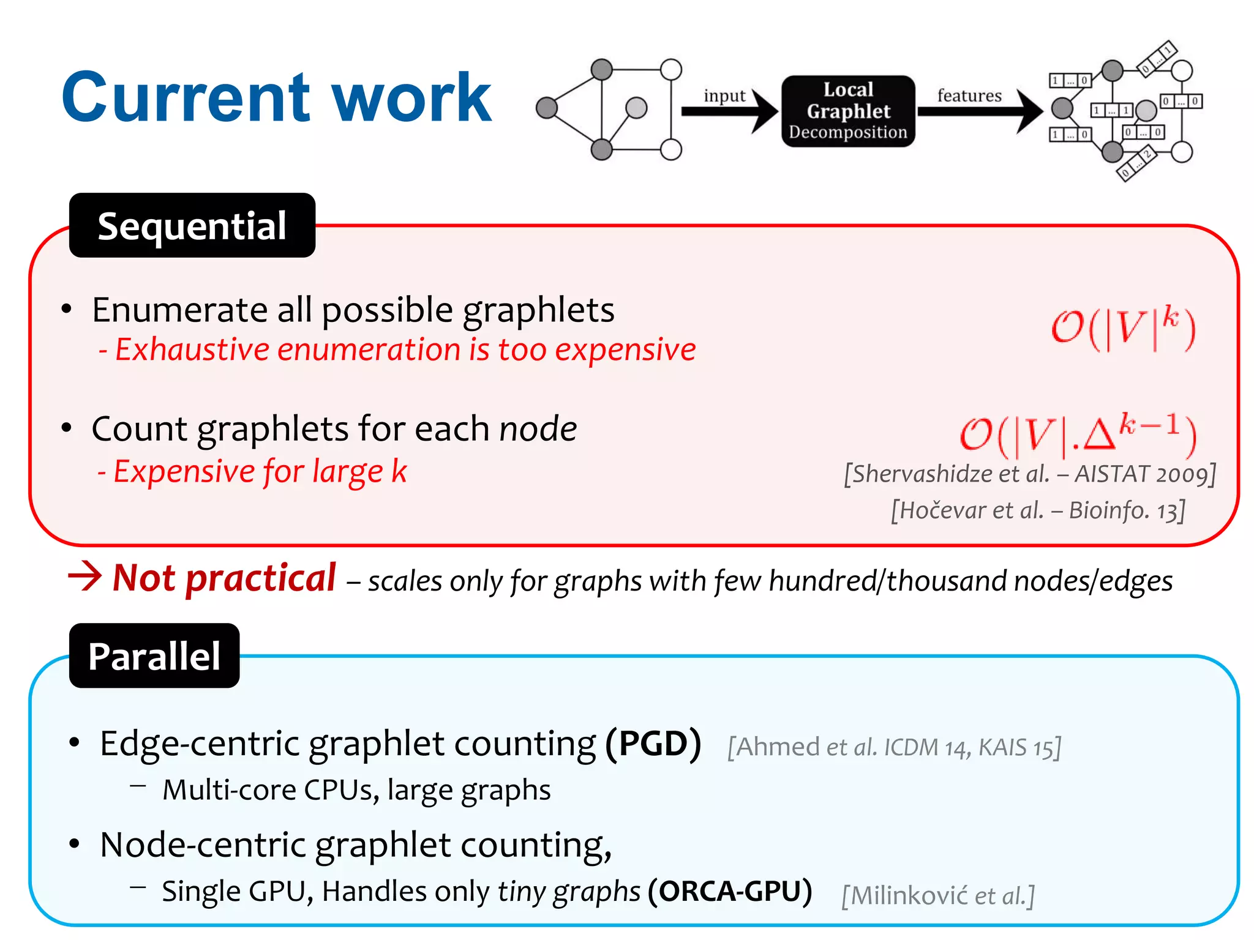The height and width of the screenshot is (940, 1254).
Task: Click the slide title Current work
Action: [276, 98]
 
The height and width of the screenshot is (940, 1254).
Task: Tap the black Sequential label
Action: [192, 226]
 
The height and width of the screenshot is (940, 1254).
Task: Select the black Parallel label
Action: [154, 656]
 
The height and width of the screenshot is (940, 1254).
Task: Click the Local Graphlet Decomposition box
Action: [848, 111]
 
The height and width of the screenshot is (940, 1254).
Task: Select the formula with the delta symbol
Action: [1078, 435]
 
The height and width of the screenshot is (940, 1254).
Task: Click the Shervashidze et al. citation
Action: [1029, 474]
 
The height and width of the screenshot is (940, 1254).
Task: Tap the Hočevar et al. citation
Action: [1038, 510]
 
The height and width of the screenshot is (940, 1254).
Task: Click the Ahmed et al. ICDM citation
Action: [894, 747]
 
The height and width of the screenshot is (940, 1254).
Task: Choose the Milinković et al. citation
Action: [937, 896]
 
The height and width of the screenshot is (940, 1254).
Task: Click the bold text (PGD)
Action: [653, 744]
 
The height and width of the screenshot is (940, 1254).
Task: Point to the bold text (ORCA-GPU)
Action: [730, 891]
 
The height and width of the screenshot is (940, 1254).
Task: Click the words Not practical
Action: [225, 578]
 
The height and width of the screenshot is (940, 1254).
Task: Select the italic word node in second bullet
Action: [538, 428]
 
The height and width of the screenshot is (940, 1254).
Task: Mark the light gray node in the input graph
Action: [637, 108]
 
